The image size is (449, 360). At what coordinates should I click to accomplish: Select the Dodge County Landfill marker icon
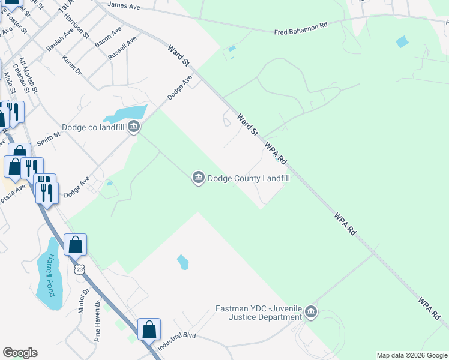click(198, 178)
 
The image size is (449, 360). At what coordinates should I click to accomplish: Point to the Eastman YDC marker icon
click(310, 312)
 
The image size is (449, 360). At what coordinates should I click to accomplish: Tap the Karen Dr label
click(71, 67)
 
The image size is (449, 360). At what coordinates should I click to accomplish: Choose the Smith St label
click(49, 140)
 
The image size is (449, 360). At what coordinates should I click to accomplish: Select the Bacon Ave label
click(108, 38)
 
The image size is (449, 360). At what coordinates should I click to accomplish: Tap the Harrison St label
click(76, 28)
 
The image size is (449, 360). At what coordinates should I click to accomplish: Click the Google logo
click(20, 353)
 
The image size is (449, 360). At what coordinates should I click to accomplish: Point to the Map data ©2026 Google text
click(411, 355)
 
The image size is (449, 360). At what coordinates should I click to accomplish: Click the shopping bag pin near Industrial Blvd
click(149, 329)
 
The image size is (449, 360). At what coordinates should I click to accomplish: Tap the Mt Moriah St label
click(28, 74)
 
